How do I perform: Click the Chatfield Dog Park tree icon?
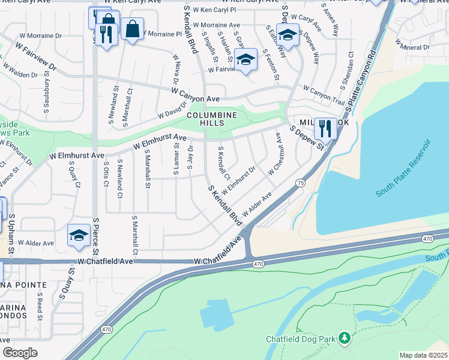pyautogui.click(x=344, y=339)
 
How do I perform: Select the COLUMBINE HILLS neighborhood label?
pyautogui.click(x=211, y=119)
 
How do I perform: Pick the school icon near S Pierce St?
pyautogui.click(x=79, y=236)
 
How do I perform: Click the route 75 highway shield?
pyautogui.click(x=300, y=182)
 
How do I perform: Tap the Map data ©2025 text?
pyautogui.click(x=424, y=355)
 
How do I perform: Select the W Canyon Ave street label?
pyautogui.click(x=195, y=95)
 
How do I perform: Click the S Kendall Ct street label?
pyautogui.click(x=223, y=163)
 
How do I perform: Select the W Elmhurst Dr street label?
pyautogui.click(x=239, y=179)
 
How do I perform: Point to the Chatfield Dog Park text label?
pyautogui.click(x=301, y=340)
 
